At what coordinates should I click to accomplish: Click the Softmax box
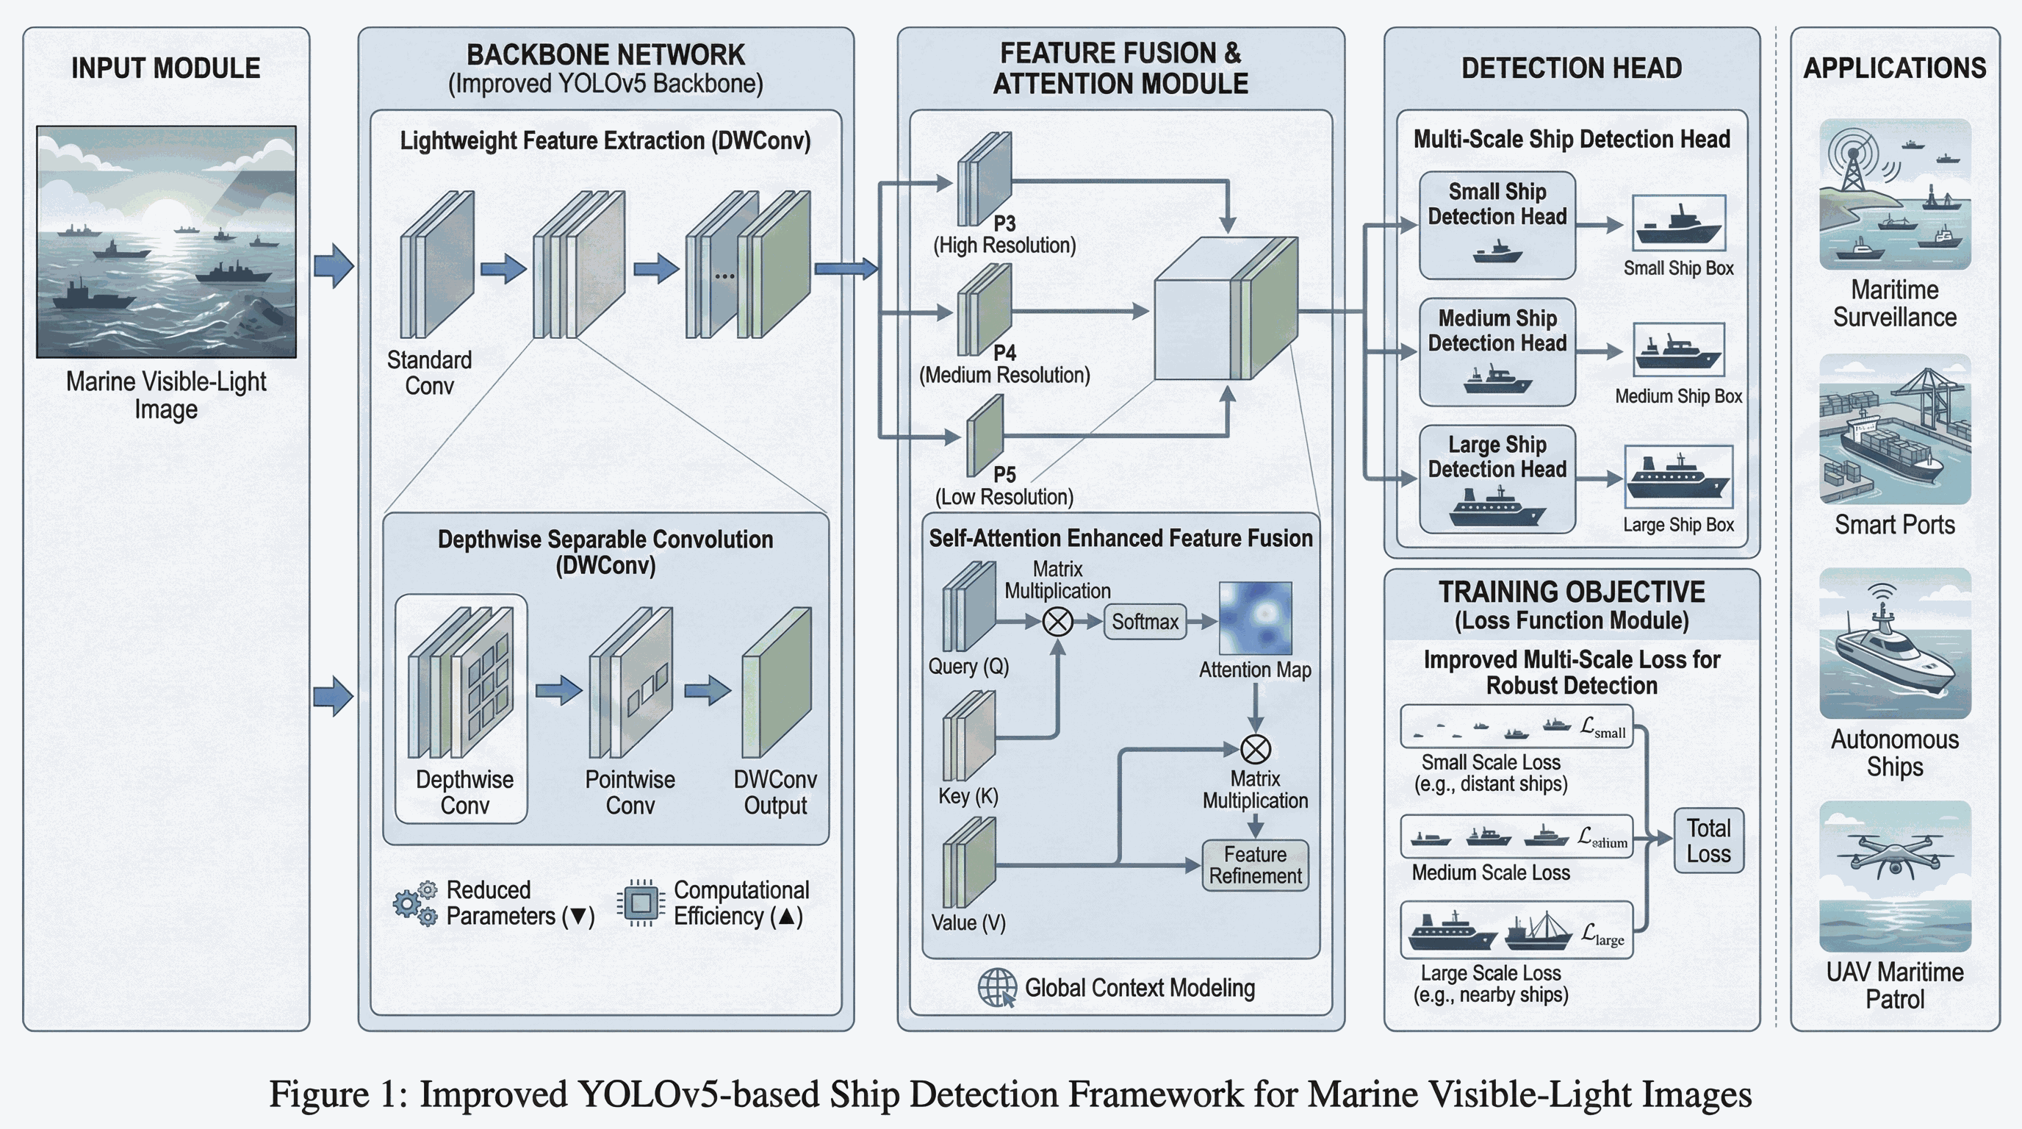[1145, 622]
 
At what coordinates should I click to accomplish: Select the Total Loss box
[1709, 841]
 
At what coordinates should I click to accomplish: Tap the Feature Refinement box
[1255, 865]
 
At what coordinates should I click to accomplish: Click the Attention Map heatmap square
[1255, 618]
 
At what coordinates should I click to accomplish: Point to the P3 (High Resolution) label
[1004, 234]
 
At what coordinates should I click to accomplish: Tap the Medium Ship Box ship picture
[1678, 350]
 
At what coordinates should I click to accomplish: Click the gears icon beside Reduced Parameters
[415, 903]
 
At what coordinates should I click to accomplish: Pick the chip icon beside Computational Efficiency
[641, 903]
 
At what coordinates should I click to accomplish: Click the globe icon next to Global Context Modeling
[997, 987]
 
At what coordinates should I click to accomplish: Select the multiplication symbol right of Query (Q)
[1057, 622]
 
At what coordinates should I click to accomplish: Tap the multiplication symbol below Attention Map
[1255, 749]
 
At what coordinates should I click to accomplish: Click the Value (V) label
[968, 922]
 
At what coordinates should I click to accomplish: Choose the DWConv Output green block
[777, 682]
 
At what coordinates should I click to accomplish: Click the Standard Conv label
[429, 373]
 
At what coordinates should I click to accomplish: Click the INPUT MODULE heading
[165, 68]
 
